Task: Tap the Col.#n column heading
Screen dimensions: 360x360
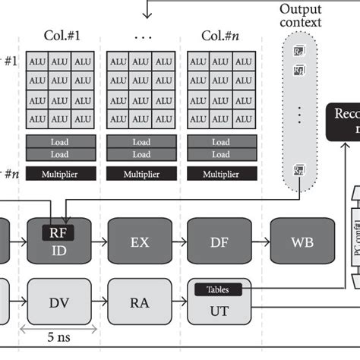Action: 220,36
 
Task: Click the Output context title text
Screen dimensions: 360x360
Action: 301,15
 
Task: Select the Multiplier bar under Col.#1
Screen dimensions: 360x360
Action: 61,174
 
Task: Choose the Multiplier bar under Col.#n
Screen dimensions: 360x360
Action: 221,174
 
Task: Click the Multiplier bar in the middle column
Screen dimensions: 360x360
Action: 141,174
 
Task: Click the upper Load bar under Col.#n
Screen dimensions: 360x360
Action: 221,141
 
